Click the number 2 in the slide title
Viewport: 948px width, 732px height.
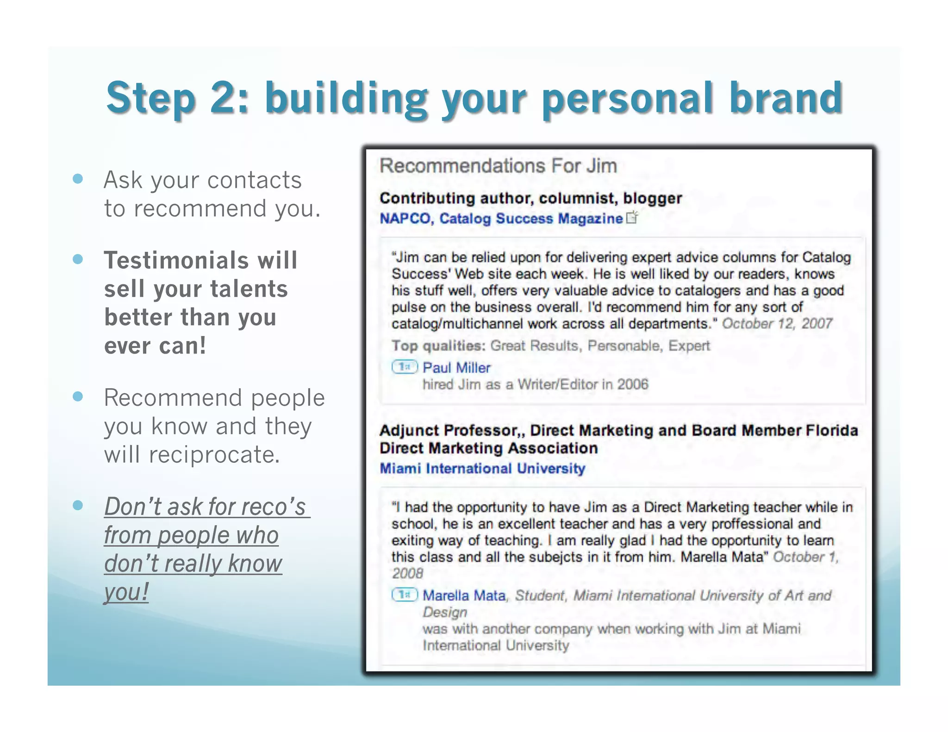[x=225, y=98]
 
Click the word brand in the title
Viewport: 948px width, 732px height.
[x=786, y=98]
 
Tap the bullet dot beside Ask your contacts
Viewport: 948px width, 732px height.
[x=78, y=179]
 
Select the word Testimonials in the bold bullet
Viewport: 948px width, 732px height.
[x=176, y=260]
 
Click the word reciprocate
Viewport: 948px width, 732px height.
[x=214, y=455]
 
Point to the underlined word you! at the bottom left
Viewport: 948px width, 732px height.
[x=126, y=592]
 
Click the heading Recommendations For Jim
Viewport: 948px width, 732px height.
[x=498, y=166]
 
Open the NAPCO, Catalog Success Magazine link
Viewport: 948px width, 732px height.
[x=501, y=218]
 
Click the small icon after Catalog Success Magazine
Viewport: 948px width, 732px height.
[x=632, y=217]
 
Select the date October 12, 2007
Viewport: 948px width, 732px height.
[x=777, y=323]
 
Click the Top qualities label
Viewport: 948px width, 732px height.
[x=438, y=346]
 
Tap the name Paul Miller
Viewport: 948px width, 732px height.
[x=456, y=367]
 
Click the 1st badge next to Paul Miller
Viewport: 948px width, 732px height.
[x=405, y=367]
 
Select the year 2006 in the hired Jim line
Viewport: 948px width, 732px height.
[x=632, y=384]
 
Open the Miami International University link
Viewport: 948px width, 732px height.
[x=482, y=468]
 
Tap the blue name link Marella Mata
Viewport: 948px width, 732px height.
[x=464, y=595]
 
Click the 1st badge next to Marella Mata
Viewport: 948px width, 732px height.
[x=405, y=595]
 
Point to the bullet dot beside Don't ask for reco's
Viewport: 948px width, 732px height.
[x=78, y=505]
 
